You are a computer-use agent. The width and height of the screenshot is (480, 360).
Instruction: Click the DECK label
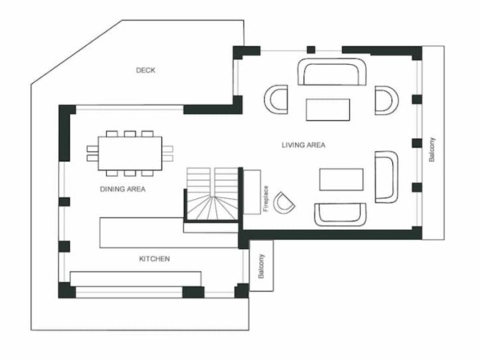[x=145, y=70]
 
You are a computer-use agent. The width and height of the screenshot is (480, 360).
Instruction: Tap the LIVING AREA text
[x=303, y=145]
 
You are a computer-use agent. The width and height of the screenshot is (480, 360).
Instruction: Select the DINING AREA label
[x=122, y=189]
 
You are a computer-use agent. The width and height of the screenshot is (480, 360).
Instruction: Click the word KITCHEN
[x=155, y=259]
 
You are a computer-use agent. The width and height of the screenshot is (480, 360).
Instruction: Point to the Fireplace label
[x=265, y=199]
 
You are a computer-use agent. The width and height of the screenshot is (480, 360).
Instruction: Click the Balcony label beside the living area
[x=432, y=150]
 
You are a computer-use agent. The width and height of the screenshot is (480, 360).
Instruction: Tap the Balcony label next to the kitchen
[x=261, y=266]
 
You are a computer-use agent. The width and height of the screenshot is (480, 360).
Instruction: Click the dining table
[x=130, y=154]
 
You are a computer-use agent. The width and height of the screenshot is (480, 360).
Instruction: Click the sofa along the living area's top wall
[x=332, y=72]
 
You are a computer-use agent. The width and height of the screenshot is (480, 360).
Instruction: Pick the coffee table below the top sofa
[x=328, y=109]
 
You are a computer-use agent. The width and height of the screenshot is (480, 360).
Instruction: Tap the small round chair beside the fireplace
[x=284, y=203]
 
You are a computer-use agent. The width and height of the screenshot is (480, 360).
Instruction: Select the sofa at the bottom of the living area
[x=340, y=215]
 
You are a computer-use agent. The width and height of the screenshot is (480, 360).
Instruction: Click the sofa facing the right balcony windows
[x=386, y=177]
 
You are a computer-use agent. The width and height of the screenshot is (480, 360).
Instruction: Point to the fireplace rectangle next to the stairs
[x=252, y=192]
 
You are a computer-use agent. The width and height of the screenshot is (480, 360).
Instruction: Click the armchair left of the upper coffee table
[x=276, y=99]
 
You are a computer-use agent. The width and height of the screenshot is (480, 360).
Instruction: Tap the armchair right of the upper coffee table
[x=386, y=100]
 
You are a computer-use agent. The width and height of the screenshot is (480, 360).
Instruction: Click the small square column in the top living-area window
[x=311, y=49]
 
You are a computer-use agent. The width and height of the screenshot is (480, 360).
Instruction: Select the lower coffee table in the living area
[x=341, y=179]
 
